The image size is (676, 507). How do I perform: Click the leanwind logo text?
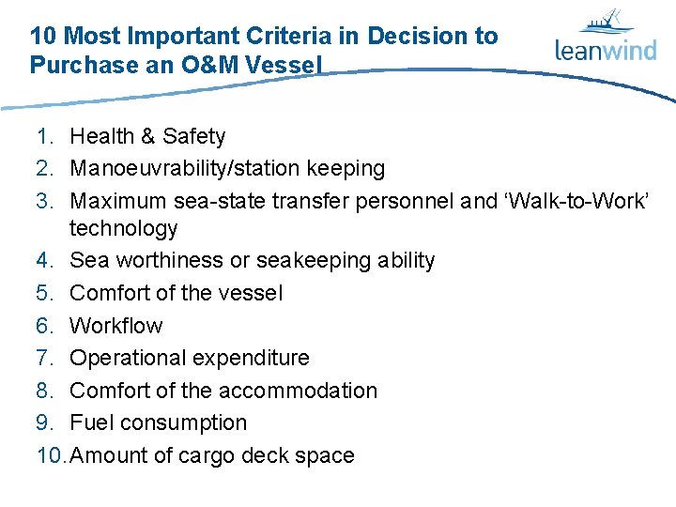[606, 50]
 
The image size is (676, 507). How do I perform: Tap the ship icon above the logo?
[605, 22]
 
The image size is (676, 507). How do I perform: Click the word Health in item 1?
[101, 136]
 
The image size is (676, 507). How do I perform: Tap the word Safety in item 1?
[194, 136]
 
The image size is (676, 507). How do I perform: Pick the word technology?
[123, 228]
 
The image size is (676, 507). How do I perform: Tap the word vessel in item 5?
[248, 293]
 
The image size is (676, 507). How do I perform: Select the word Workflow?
[115, 326]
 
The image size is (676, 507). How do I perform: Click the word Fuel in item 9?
[91, 422]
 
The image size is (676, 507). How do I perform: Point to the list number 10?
[51, 455]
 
